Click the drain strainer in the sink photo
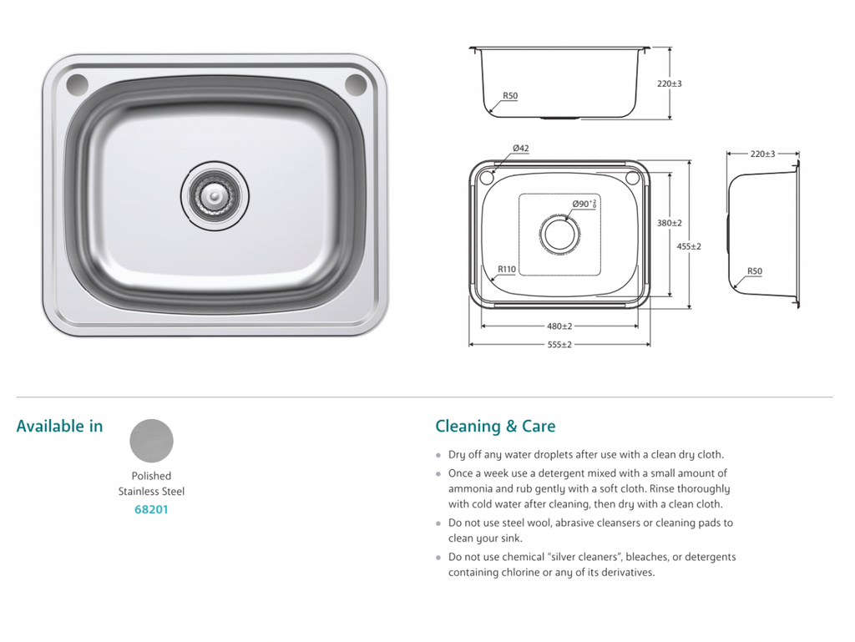(215, 195)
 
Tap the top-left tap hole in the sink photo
(77, 83)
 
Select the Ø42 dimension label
(520, 149)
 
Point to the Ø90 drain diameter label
(584, 204)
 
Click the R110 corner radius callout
(506, 269)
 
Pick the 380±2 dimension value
(669, 223)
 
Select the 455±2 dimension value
(689, 246)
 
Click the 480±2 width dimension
(559, 326)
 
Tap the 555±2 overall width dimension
(559, 345)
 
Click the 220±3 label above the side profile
(762, 154)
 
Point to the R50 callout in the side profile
(754, 271)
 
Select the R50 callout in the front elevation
(509, 96)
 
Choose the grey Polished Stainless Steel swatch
(152, 440)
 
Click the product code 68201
(151, 508)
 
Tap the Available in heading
(60, 427)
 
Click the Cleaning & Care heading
(495, 427)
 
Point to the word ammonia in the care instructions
(473, 488)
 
